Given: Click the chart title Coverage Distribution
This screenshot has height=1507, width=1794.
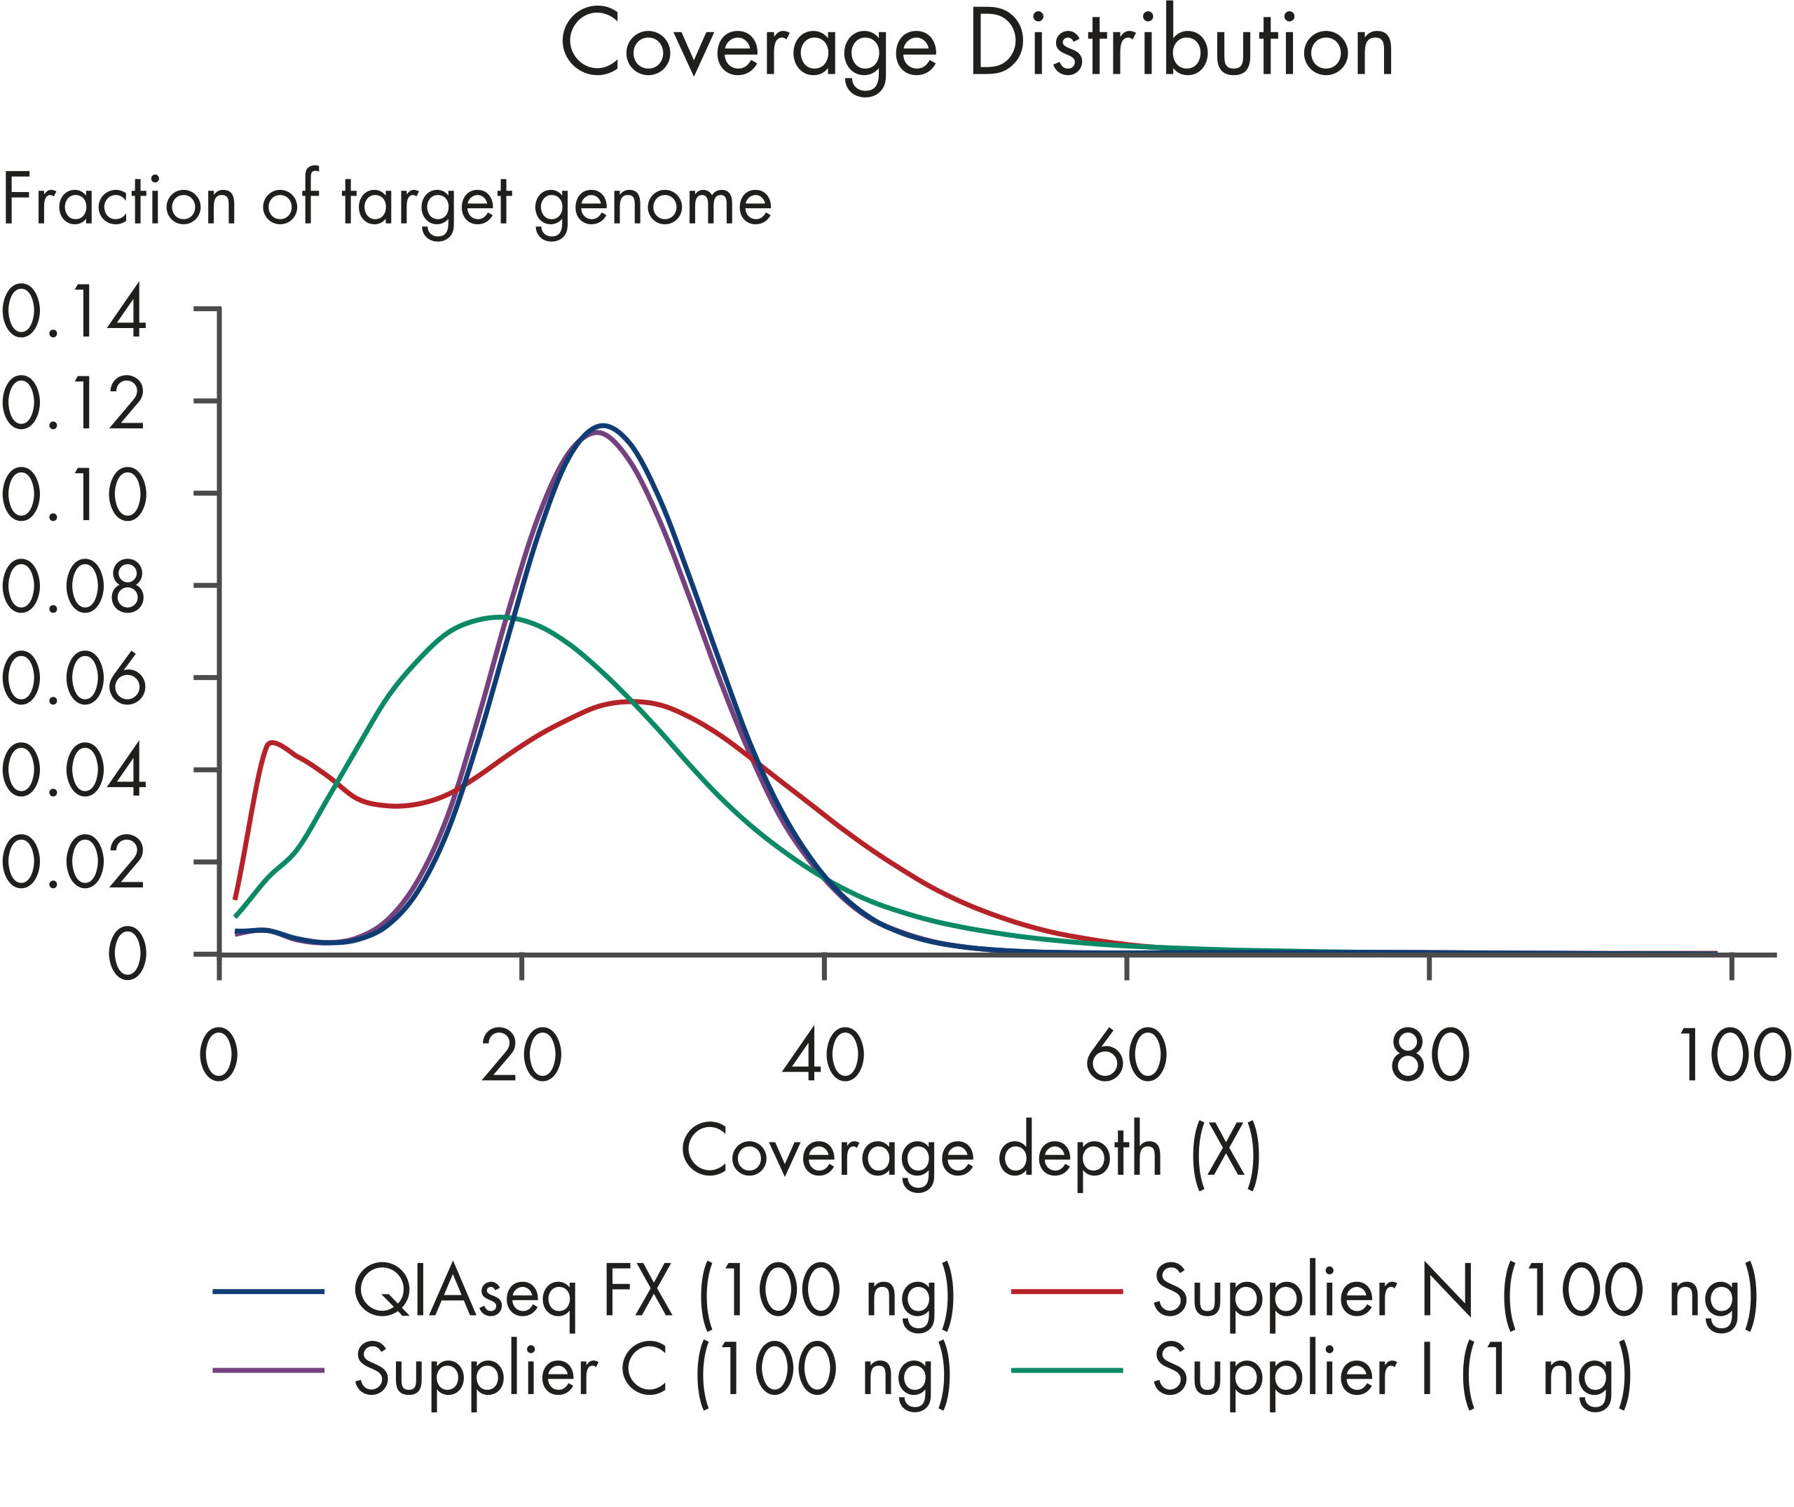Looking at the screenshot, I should point(976,48).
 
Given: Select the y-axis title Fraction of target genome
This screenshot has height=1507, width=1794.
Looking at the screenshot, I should point(387,203).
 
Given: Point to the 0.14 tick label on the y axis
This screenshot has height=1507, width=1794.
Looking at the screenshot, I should point(74,313).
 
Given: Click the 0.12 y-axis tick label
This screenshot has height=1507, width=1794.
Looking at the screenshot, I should point(74,405).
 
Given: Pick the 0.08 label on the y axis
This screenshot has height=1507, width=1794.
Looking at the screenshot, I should point(74,589).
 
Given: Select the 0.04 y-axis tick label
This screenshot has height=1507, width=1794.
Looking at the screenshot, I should point(74,774).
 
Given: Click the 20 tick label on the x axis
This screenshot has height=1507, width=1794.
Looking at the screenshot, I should point(521,1057).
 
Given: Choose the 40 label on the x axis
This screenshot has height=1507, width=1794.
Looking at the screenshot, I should point(823,1057).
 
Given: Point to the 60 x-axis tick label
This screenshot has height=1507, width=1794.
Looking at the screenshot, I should point(1126,1057).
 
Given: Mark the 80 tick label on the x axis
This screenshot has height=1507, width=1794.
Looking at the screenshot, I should point(1429,1057).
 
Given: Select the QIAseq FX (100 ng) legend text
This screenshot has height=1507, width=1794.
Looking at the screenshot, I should point(655,1291).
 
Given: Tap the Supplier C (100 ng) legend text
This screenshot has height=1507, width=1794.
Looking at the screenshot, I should point(652,1371).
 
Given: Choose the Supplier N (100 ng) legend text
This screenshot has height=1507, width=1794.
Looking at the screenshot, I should point(1455,1291).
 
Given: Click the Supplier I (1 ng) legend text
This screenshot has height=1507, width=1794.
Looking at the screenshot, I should point(1392,1371).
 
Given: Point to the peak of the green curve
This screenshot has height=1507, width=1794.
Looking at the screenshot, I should point(500,616).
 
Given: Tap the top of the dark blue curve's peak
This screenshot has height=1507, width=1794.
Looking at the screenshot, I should point(603,425).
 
